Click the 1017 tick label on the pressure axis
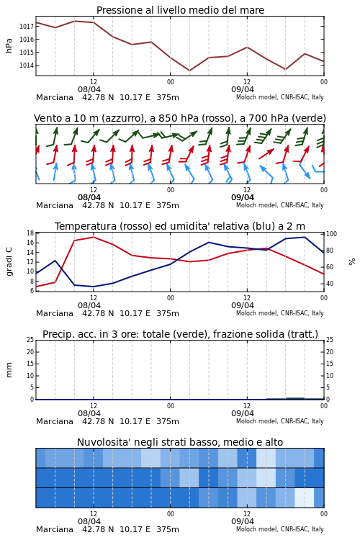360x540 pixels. coord(26,26)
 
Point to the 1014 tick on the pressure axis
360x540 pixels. coord(26,66)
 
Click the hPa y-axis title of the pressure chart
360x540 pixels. coord(9,45)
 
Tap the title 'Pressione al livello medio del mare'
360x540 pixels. coord(180,10)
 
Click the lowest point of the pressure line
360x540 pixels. coord(189,71)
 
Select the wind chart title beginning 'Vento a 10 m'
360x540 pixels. coord(180,118)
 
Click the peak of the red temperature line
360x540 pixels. coord(94,237)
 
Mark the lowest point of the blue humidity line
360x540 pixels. coord(94,287)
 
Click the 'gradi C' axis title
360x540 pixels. coord(9,261)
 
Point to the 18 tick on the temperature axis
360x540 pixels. coord(30,233)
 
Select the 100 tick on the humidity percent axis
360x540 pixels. coord(331,234)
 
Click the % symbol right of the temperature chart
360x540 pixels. coord(352,262)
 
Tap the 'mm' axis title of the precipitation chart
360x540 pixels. coord(9,370)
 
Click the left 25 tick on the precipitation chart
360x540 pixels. coord(30,340)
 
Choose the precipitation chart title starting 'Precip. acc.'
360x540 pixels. coord(180,334)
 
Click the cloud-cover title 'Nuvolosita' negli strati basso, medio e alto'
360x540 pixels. coord(180,442)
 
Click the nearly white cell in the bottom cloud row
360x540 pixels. coord(305,498)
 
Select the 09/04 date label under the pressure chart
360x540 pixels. coord(243,89)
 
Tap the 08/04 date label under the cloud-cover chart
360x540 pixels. coord(89,521)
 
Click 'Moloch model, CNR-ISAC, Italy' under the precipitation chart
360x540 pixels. coord(280,421)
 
